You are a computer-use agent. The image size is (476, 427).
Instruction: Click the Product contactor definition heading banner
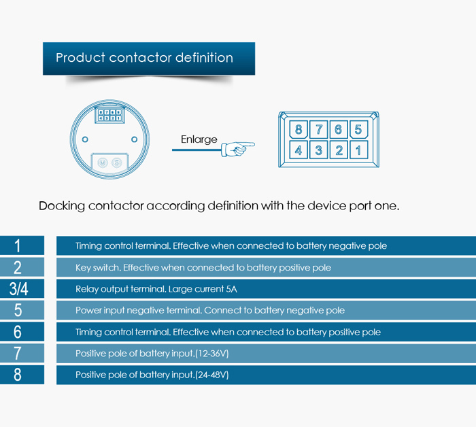coord(148,58)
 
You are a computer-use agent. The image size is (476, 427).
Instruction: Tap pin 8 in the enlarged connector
coord(299,130)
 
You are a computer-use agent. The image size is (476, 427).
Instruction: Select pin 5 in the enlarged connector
coord(358,130)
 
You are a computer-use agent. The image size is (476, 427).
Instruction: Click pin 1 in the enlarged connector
coord(358,150)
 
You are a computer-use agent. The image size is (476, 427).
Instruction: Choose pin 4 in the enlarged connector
coord(299,150)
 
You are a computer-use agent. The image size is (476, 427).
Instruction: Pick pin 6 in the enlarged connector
coord(339,130)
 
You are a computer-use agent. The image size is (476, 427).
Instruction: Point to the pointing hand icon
coord(237,147)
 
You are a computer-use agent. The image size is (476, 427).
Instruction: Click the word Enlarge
coord(199,139)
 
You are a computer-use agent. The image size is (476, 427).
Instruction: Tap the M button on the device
coord(103,163)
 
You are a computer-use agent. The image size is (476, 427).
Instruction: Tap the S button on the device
coord(116,163)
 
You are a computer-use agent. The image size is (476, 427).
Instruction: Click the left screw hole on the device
coord(85,139)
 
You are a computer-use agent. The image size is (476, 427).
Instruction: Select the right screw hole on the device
coord(134,139)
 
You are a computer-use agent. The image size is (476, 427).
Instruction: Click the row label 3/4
coord(19,289)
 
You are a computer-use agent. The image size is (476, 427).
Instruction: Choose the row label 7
coord(18,354)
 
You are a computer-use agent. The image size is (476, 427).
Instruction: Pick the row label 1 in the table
coord(18,245)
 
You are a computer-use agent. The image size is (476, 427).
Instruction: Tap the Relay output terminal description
coord(156,289)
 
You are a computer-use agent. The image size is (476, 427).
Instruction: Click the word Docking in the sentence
coord(61,205)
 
